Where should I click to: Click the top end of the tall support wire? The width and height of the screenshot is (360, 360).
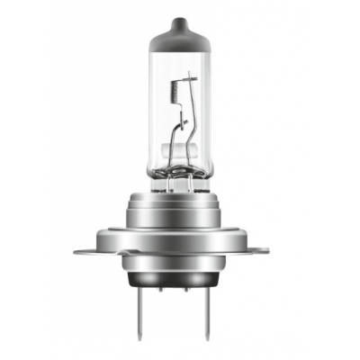[x=191, y=76]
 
